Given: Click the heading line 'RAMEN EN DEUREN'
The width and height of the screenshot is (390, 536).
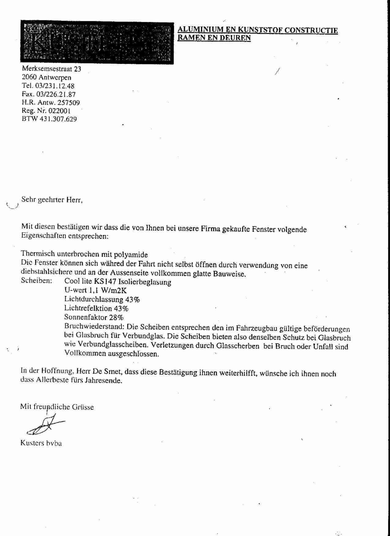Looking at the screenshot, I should coord(214,38).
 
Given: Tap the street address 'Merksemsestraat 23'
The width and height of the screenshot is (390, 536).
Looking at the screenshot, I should coord(51,69).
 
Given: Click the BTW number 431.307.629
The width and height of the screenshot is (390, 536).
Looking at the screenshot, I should coord(58,119).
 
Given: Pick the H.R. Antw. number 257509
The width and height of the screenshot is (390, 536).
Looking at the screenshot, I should coord(69,103).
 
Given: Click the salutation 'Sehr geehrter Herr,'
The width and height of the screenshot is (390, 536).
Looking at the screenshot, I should coord(52,200).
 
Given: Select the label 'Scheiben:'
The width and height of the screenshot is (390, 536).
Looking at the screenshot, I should coord(36,281).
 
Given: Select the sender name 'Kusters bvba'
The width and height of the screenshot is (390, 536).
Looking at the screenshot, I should coord(41,443).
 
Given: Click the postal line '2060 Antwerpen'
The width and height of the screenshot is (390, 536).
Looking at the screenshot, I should coord(46,77).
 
